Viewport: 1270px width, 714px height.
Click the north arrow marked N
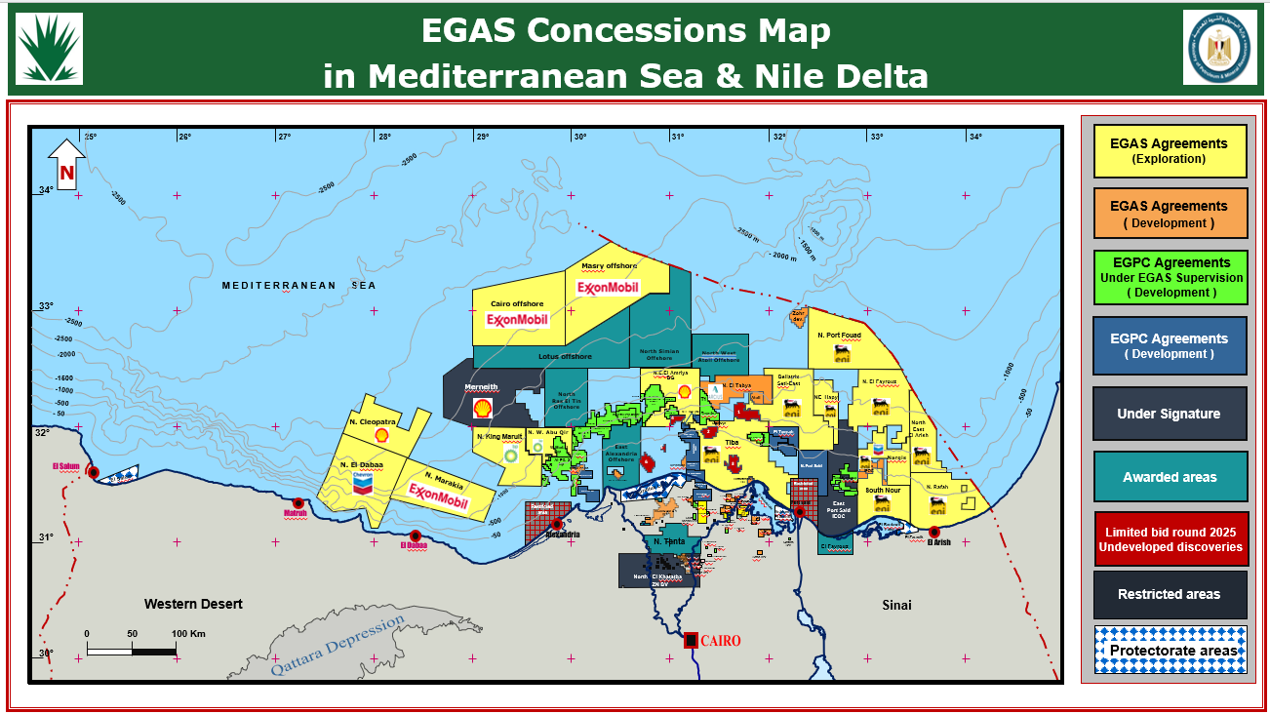pyautogui.click(x=67, y=164)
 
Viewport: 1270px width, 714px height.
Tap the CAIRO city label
pyautogui.click(x=720, y=641)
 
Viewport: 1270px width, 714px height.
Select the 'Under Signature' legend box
pyautogui.click(x=1170, y=414)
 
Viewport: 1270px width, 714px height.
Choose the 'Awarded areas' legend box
pyautogui.click(x=1170, y=477)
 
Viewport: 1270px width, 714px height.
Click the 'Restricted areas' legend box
pyautogui.click(x=1170, y=594)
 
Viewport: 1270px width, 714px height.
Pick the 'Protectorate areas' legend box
pyautogui.click(x=1170, y=651)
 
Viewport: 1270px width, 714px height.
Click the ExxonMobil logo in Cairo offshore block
pyautogui.click(x=517, y=320)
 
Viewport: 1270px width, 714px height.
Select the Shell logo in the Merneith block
pyautogui.click(x=482, y=410)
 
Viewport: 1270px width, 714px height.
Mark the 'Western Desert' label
pyautogui.click(x=193, y=605)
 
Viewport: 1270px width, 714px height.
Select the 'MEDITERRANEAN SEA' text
pyautogui.click(x=298, y=286)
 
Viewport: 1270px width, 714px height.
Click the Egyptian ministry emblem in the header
pyautogui.click(x=1219, y=48)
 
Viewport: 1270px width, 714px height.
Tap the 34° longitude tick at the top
pyautogui.click(x=974, y=138)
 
